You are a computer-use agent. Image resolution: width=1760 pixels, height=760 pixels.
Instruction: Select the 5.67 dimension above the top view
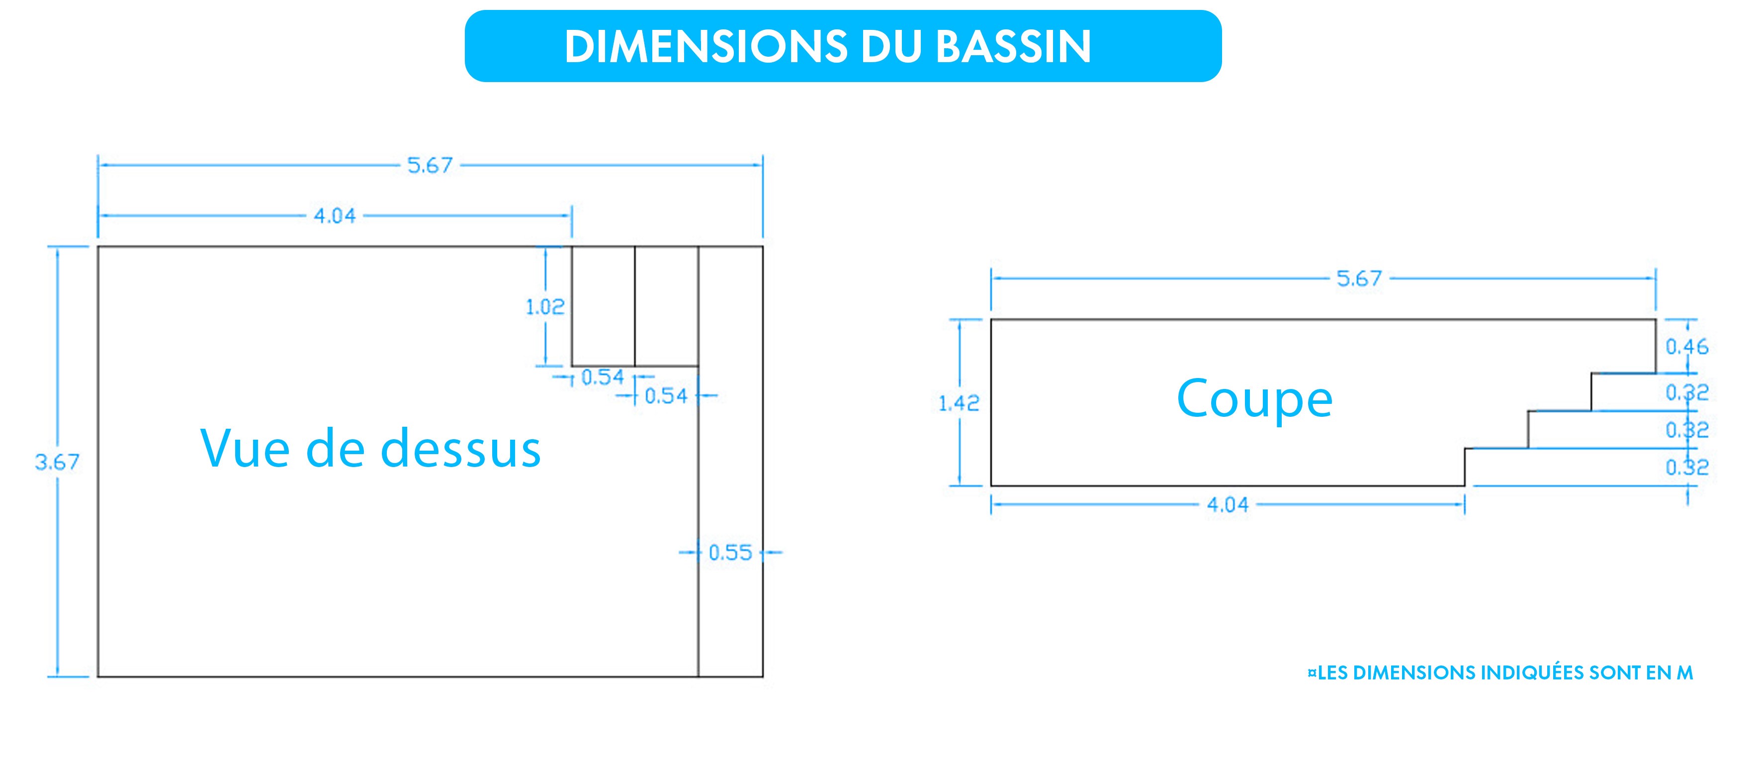click(430, 166)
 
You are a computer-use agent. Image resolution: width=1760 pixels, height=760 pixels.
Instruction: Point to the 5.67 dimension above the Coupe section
click(1359, 279)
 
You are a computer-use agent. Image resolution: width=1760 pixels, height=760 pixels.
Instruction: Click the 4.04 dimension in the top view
click(335, 216)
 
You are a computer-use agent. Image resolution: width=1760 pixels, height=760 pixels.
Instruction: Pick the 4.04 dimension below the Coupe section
click(1228, 505)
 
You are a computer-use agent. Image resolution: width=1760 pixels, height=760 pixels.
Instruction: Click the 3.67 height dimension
click(57, 463)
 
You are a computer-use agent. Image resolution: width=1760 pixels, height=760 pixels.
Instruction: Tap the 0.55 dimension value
click(730, 552)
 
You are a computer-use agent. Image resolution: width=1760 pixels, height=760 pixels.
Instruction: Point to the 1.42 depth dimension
click(959, 403)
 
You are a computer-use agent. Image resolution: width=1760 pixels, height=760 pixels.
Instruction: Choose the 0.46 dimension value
click(1687, 347)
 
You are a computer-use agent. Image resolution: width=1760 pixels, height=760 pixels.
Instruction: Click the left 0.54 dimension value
click(603, 378)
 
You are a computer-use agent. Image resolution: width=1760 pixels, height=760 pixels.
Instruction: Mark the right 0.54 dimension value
click(666, 396)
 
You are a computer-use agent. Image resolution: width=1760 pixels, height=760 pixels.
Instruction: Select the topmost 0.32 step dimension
click(1687, 392)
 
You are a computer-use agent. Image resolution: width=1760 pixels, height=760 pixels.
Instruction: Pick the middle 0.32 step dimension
click(1687, 430)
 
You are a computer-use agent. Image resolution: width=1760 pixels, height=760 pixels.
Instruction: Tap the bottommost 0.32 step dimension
click(1687, 468)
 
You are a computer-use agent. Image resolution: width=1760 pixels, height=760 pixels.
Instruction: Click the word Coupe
click(1254, 399)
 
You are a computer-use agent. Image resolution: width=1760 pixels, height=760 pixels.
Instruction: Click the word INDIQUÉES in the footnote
click(1530, 673)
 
